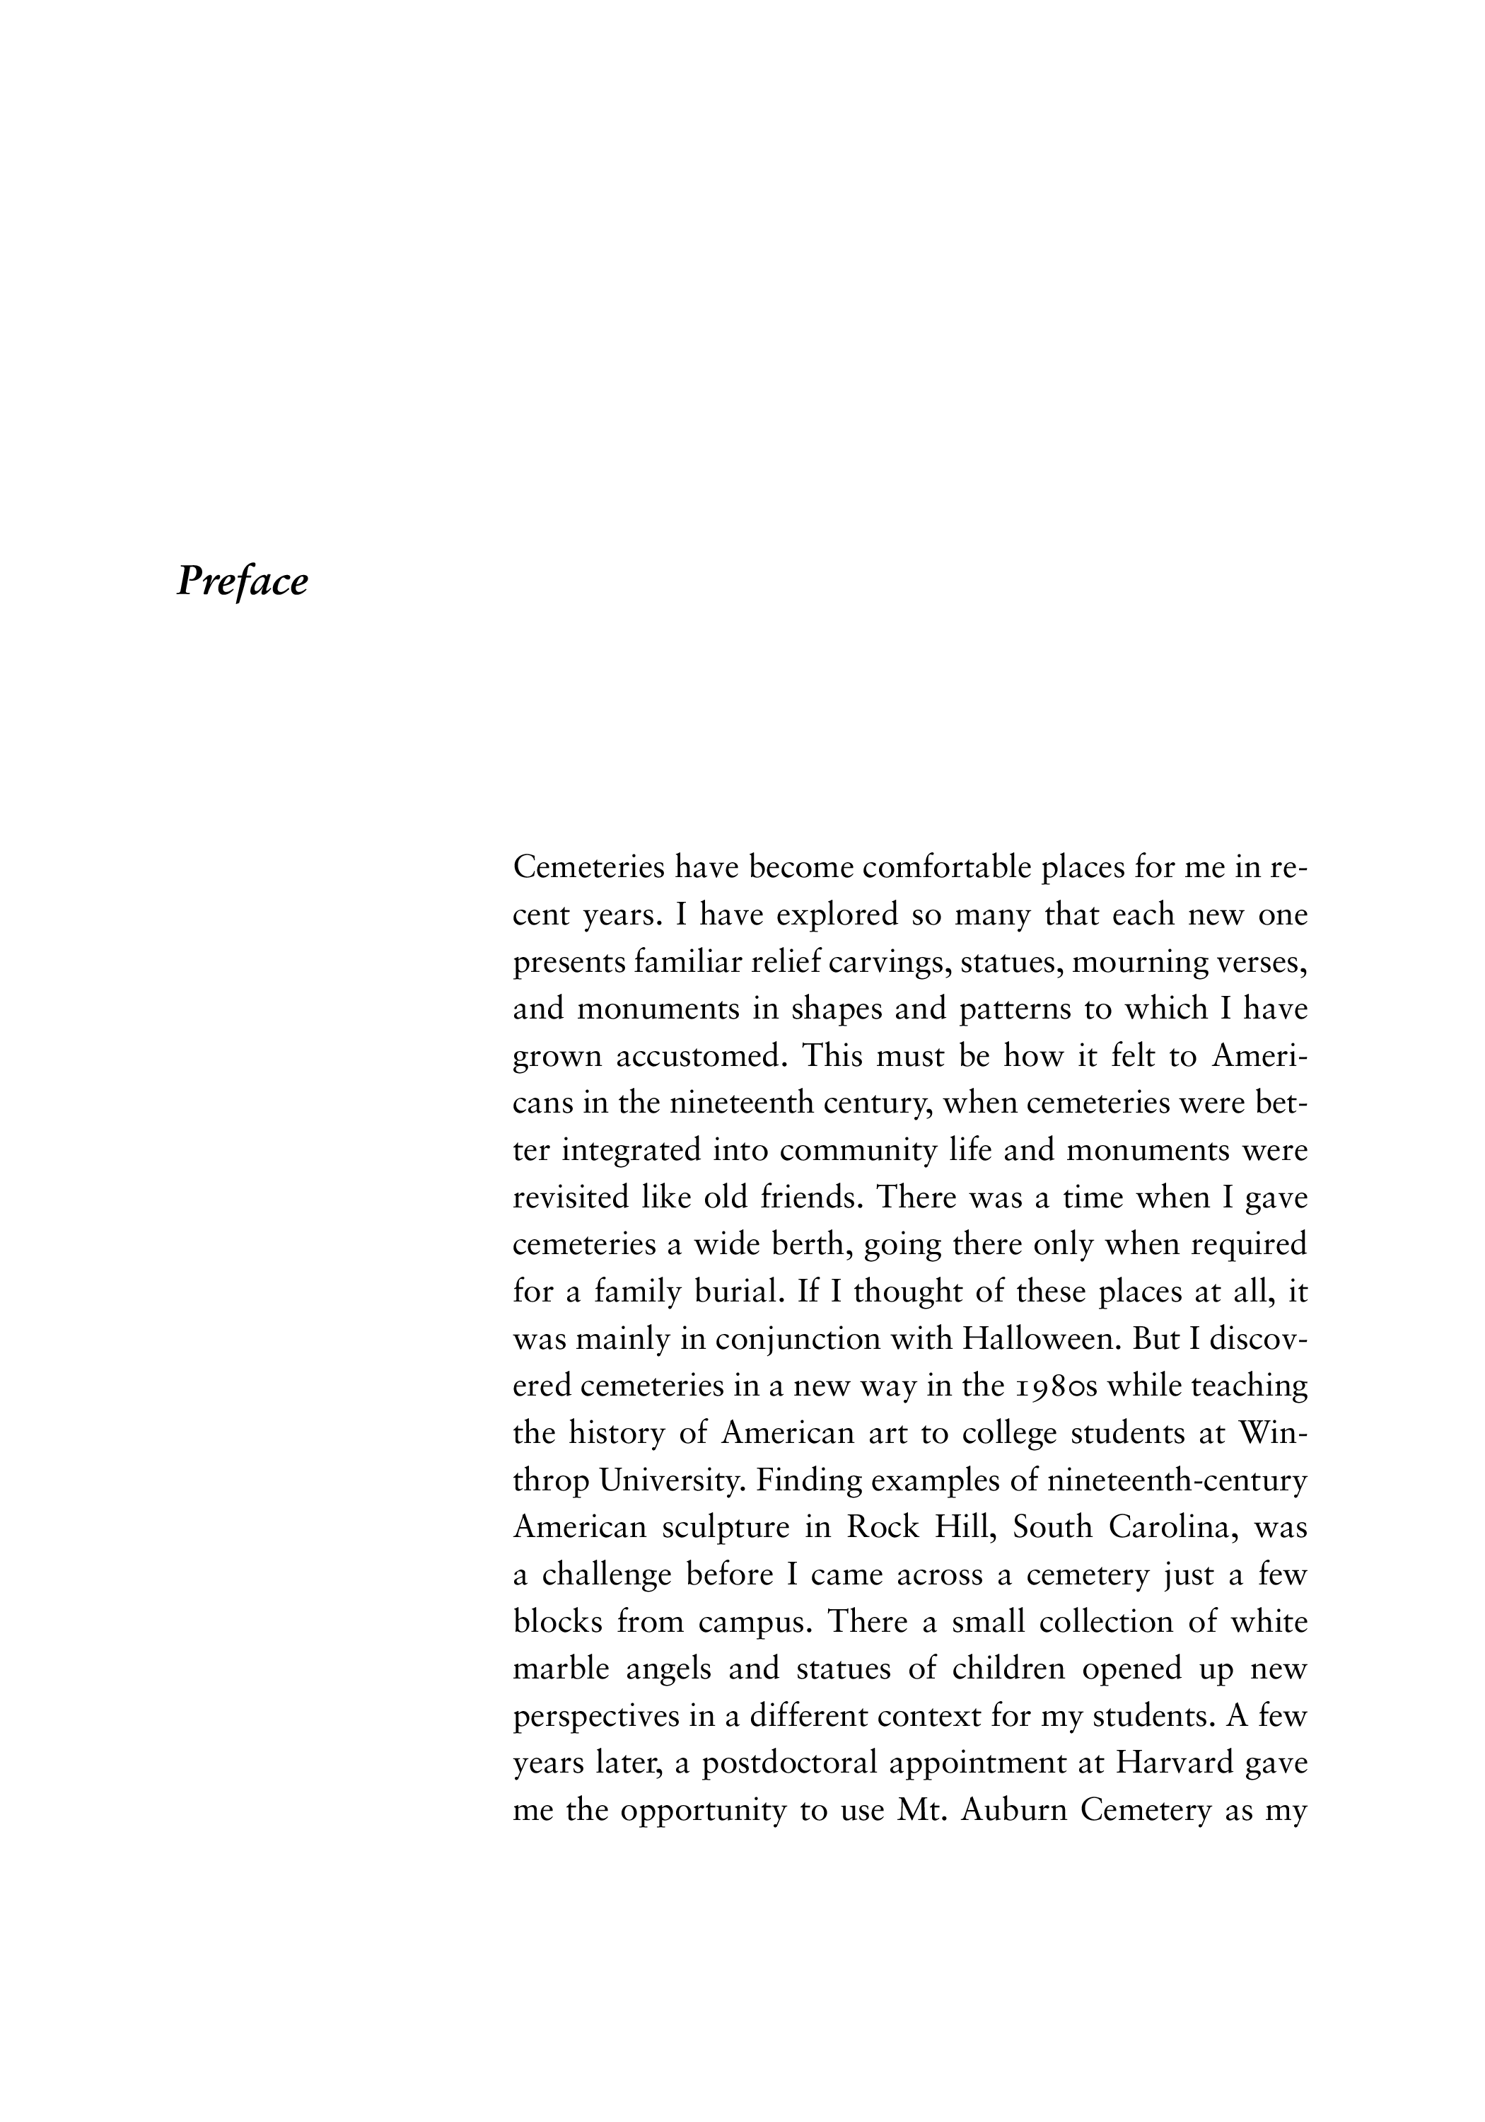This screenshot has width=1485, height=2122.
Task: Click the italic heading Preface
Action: [x=242, y=581]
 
